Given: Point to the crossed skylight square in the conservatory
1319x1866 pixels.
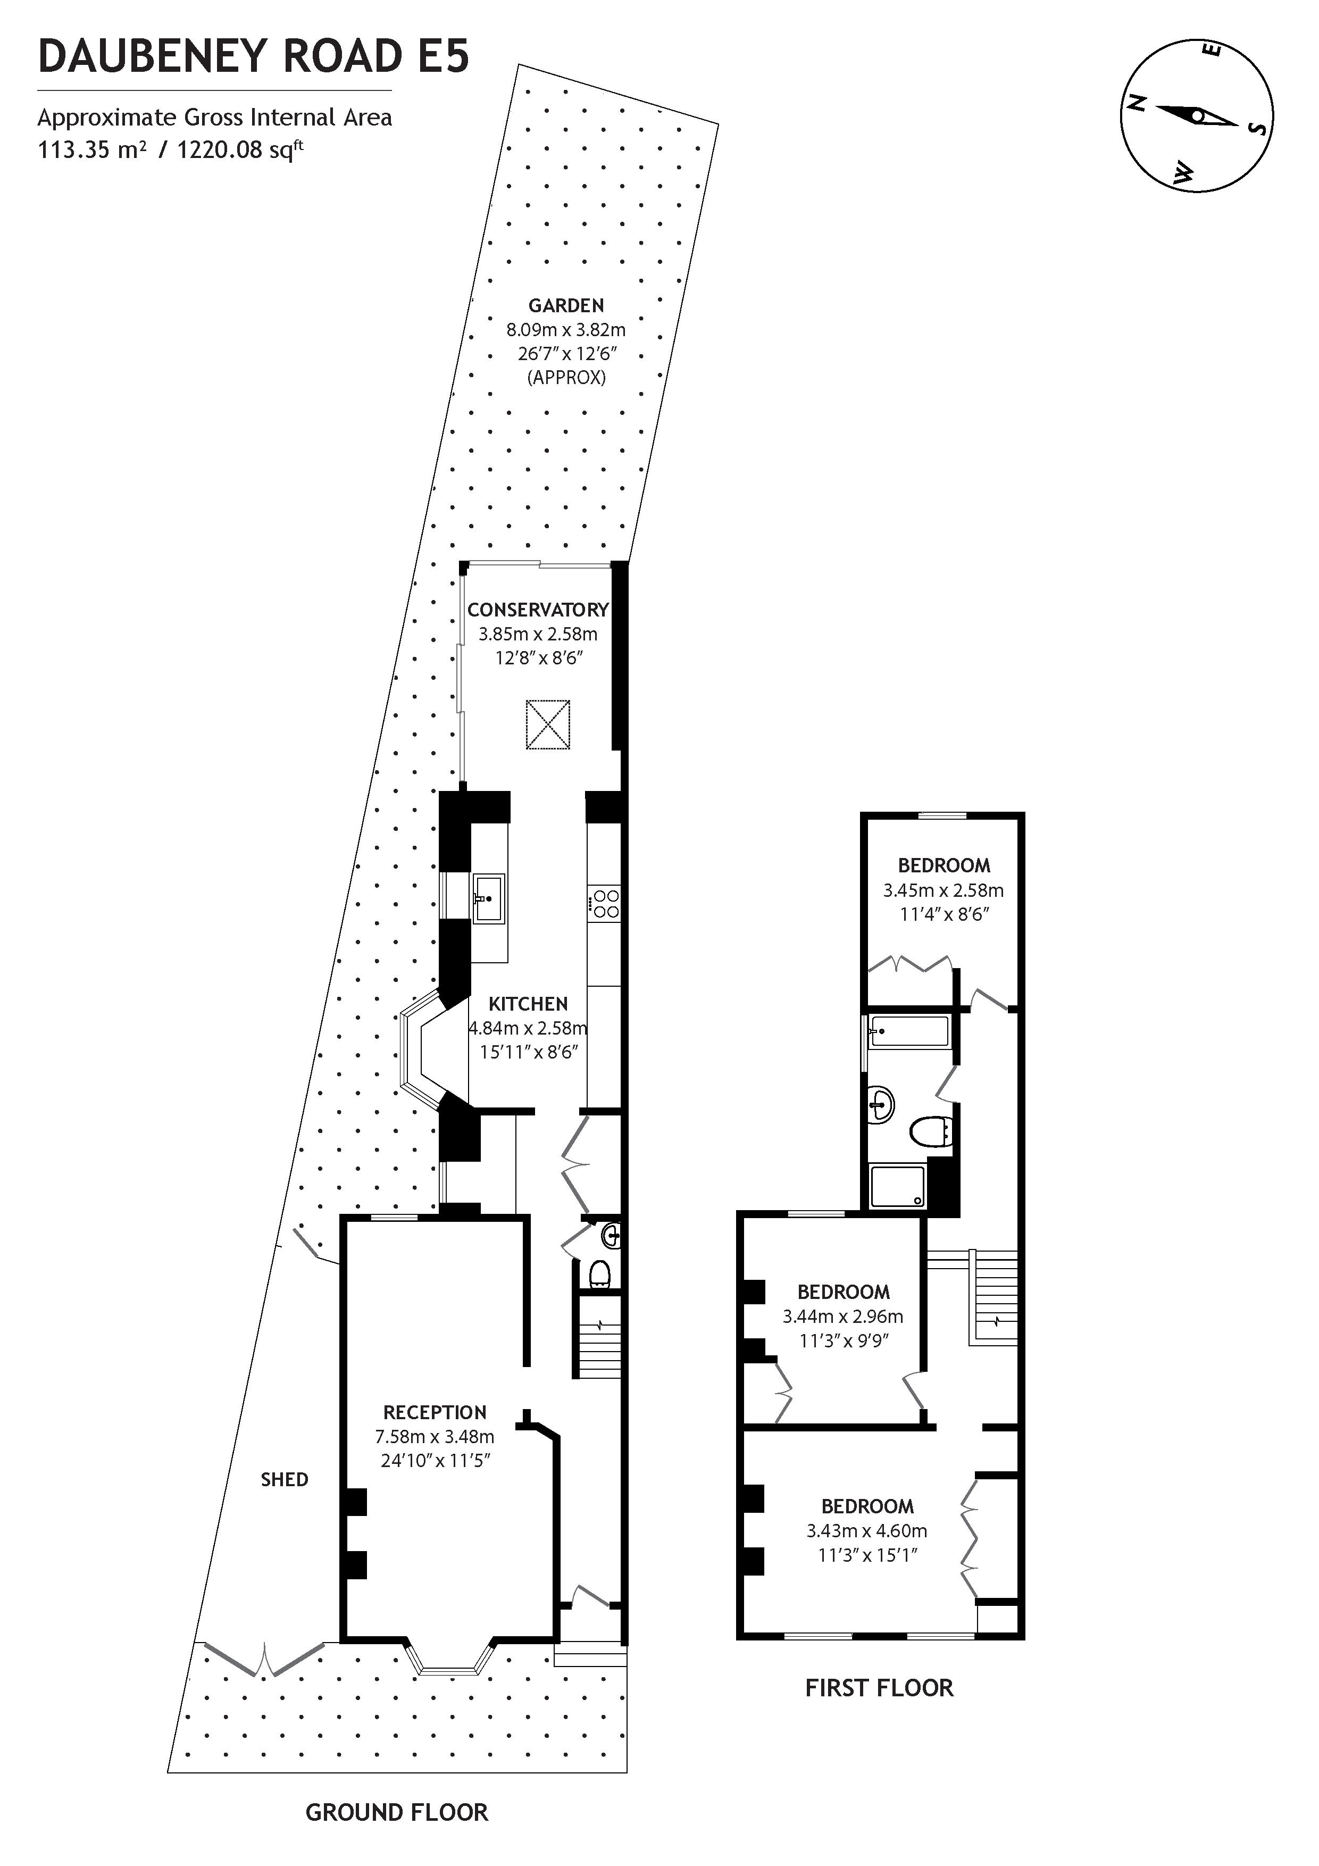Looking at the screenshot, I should tap(548, 724).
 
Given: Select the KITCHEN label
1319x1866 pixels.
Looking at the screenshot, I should tap(528, 1004).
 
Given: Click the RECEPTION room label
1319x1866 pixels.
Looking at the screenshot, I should tap(435, 1412).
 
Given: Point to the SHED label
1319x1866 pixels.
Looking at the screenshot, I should tap(285, 1480).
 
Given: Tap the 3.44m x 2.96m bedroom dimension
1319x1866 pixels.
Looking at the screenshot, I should tap(843, 1317).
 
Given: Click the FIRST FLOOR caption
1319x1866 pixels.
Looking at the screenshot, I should tap(879, 1688).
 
